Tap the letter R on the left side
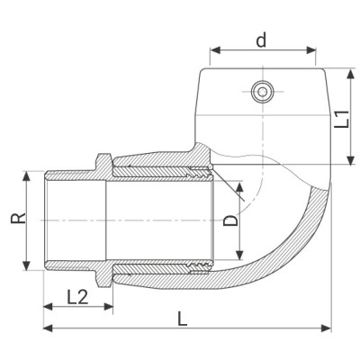coord(19,218)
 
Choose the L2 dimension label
coord(77,295)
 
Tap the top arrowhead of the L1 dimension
coord(348,72)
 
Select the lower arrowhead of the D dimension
coord(240,258)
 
